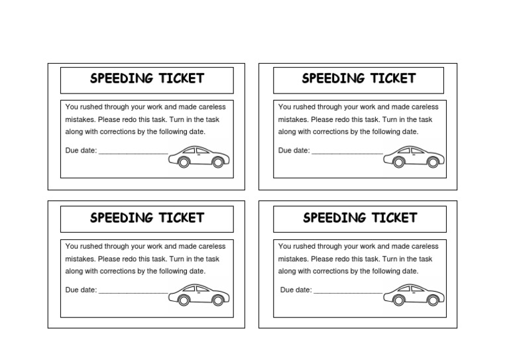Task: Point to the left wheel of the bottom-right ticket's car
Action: (x=398, y=300)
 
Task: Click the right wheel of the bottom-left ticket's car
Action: (x=217, y=300)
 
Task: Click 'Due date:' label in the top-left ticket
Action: (x=81, y=150)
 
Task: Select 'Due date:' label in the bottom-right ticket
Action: (x=296, y=290)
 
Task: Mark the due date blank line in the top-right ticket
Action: (x=347, y=153)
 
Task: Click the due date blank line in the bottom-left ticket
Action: (x=133, y=292)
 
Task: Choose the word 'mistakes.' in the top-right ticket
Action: (x=293, y=120)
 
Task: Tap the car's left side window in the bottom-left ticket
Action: (x=188, y=289)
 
